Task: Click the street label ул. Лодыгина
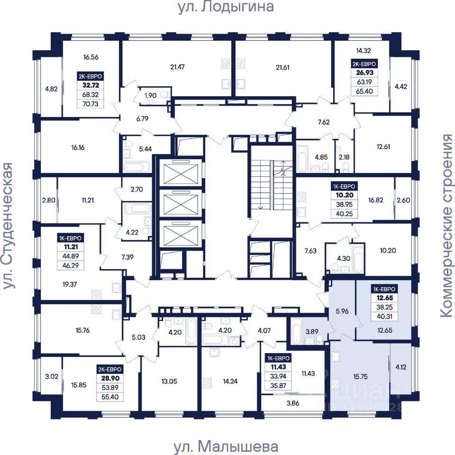tap(226, 7)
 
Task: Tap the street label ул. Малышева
tap(226, 446)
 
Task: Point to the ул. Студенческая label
tap(8, 226)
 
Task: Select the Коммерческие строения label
tap(446, 226)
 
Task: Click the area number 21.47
tap(177, 67)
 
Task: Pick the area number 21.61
tap(282, 68)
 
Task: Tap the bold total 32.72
tap(91, 85)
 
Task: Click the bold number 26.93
tap(365, 73)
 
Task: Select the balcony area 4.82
tap(51, 89)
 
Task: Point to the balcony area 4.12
tap(401, 367)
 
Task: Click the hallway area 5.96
tap(342, 311)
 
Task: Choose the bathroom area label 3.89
tap(312, 332)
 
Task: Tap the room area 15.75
tap(360, 377)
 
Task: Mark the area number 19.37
tap(70, 284)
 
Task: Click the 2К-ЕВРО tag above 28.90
tap(110, 369)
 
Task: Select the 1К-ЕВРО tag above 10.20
tap(344, 186)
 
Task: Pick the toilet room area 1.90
tap(151, 95)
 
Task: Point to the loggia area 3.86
tap(293, 403)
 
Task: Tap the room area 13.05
tap(169, 381)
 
